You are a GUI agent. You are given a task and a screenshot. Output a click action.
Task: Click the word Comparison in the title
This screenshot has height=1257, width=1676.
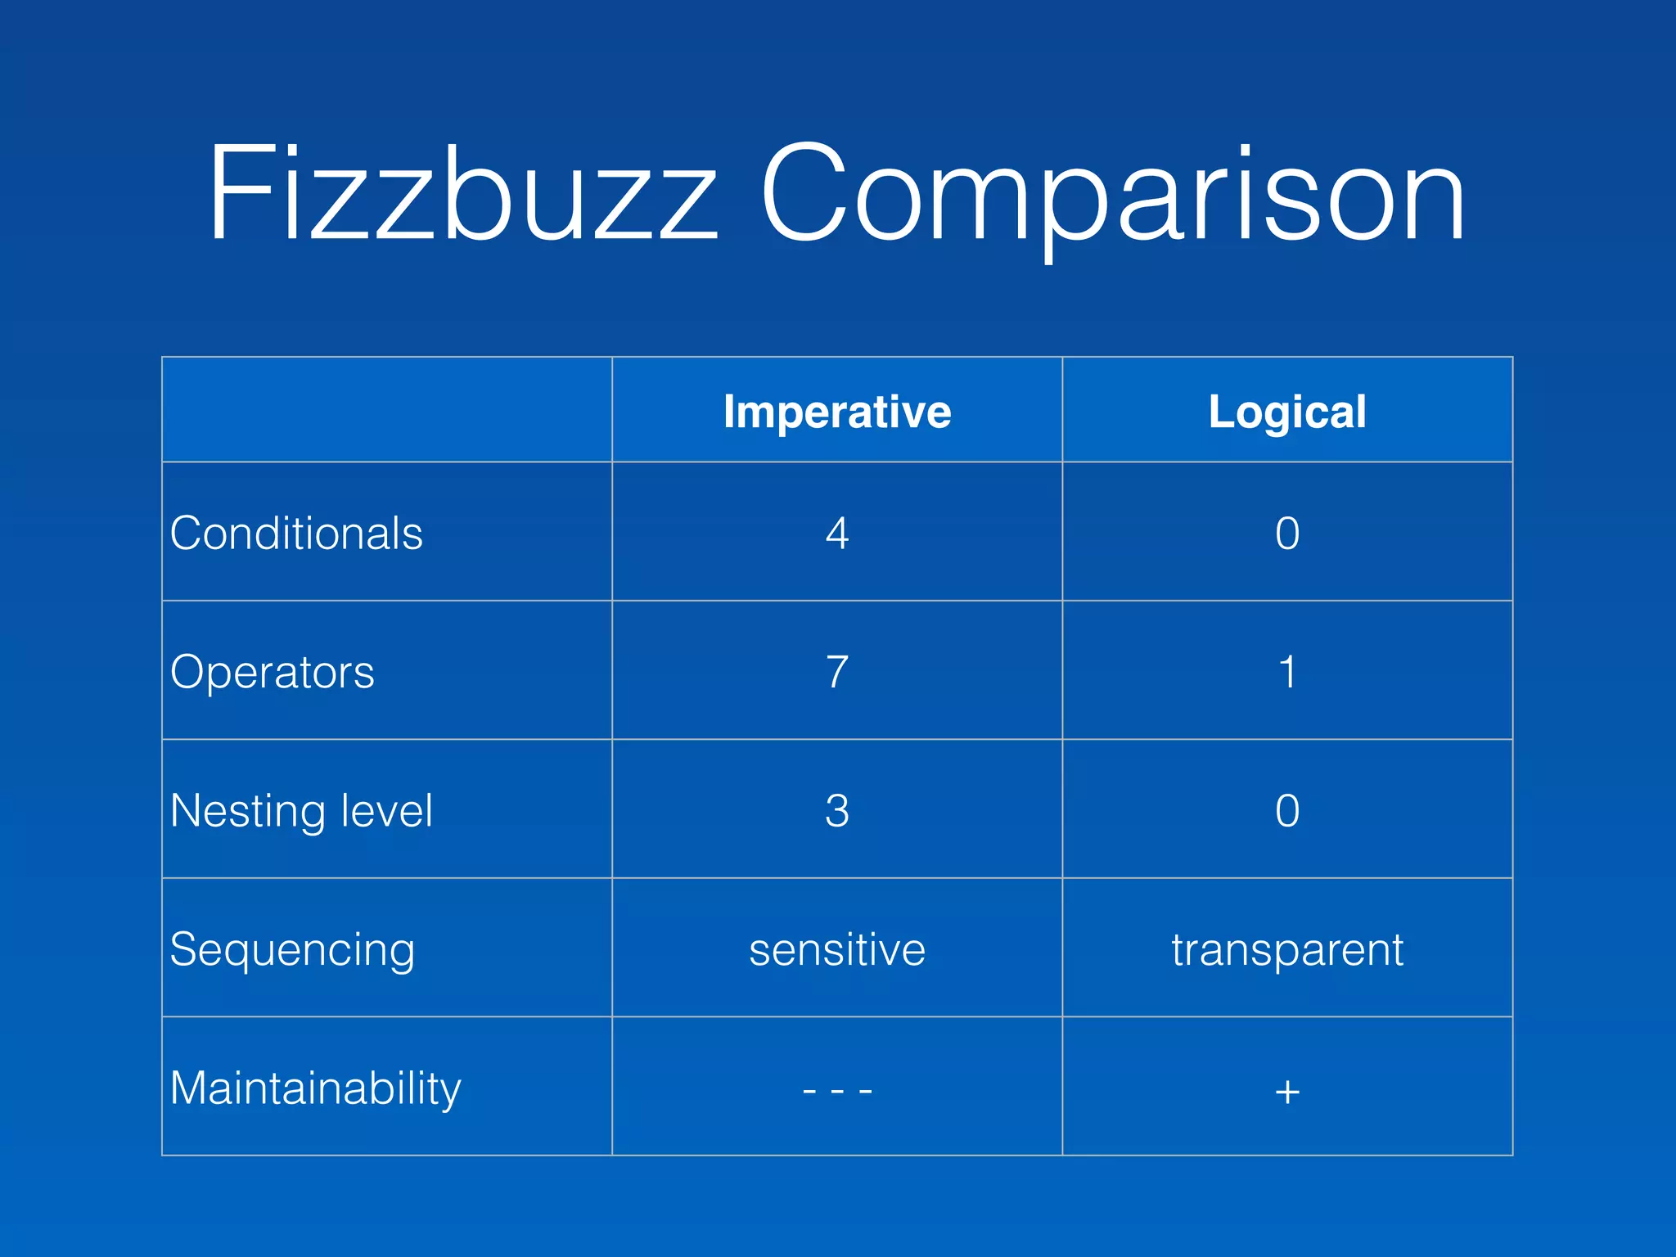pyautogui.click(x=1112, y=196)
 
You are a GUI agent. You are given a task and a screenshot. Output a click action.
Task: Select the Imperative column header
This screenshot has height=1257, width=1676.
pyautogui.click(x=837, y=412)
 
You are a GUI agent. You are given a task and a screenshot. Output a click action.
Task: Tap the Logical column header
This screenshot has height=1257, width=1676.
pyautogui.click(x=1287, y=412)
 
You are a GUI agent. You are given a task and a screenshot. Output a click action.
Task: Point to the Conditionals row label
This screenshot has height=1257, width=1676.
pyautogui.click(x=296, y=534)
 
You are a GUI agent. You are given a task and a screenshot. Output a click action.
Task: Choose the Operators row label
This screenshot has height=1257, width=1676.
pyautogui.click(x=273, y=672)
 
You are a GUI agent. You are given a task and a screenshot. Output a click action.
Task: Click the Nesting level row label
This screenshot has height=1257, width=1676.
pyautogui.click(x=301, y=811)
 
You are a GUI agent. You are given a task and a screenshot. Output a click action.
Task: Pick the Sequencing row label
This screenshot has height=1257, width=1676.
pyautogui.click(x=292, y=950)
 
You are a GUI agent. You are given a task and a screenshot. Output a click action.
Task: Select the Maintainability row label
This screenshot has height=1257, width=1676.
pyautogui.click(x=316, y=1088)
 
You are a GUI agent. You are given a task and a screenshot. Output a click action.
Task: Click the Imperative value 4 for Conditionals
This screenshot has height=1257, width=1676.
pyautogui.click(x=837, y=534)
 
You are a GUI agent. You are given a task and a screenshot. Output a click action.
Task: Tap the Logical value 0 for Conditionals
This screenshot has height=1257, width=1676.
pyautogui.click(x=1287, y=534)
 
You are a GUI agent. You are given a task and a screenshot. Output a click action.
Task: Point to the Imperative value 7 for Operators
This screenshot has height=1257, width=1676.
pyautogui.click(x=837, y=672)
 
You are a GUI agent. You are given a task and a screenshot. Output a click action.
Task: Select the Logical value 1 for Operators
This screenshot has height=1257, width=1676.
pyautogui.click(x=1287, y=672)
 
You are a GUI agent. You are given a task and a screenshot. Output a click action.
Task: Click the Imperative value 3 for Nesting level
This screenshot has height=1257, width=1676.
pyautogui.click(x=837, y=811)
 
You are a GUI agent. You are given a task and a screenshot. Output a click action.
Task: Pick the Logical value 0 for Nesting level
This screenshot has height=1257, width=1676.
pyautogui.click(x=1287, y=811)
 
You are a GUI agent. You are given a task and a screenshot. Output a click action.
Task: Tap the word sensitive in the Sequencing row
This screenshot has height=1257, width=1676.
pyautogui.click(x=837, y=950)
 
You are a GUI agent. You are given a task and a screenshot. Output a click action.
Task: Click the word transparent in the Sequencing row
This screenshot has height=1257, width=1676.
pyautogui.click(x=1287, y=950)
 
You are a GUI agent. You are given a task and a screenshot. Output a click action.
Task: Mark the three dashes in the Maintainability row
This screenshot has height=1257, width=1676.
pyautogui.click(x=837, y=1090)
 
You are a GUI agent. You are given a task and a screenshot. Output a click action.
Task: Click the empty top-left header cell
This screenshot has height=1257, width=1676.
pyautogui.click(x=387, y=409)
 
